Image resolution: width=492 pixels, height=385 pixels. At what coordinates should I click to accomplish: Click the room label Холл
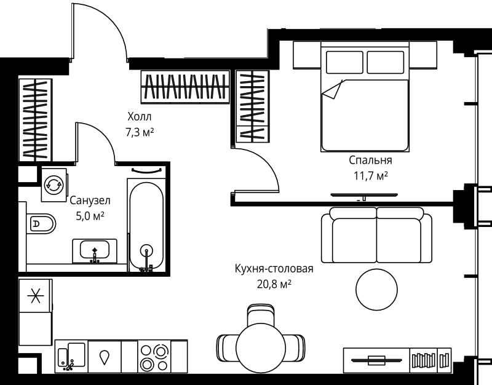click(x=138, y=116)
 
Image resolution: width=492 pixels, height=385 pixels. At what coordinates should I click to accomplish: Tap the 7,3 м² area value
click(x=139, y=131)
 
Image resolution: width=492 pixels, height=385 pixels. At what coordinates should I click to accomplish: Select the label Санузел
click(x=90, y=200)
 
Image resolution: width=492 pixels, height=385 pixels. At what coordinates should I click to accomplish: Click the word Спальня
click(x=370, y=161)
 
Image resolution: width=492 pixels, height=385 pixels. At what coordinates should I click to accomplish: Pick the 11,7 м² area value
click(x=370, y=176)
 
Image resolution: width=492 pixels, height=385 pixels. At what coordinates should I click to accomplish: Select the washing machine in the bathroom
click(x=54, y=183)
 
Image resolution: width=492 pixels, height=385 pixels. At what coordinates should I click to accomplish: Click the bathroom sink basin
click(x=95, y=250)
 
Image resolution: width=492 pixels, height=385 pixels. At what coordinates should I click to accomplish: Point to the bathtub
click(x=146, y=224)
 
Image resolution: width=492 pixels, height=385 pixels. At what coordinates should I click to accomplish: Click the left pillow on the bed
click(x=344, y=63)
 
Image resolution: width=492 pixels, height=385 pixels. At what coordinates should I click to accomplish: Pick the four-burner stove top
click(x=154, y=356)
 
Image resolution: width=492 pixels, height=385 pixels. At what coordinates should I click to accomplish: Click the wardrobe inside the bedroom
click(x=253, y=106)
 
